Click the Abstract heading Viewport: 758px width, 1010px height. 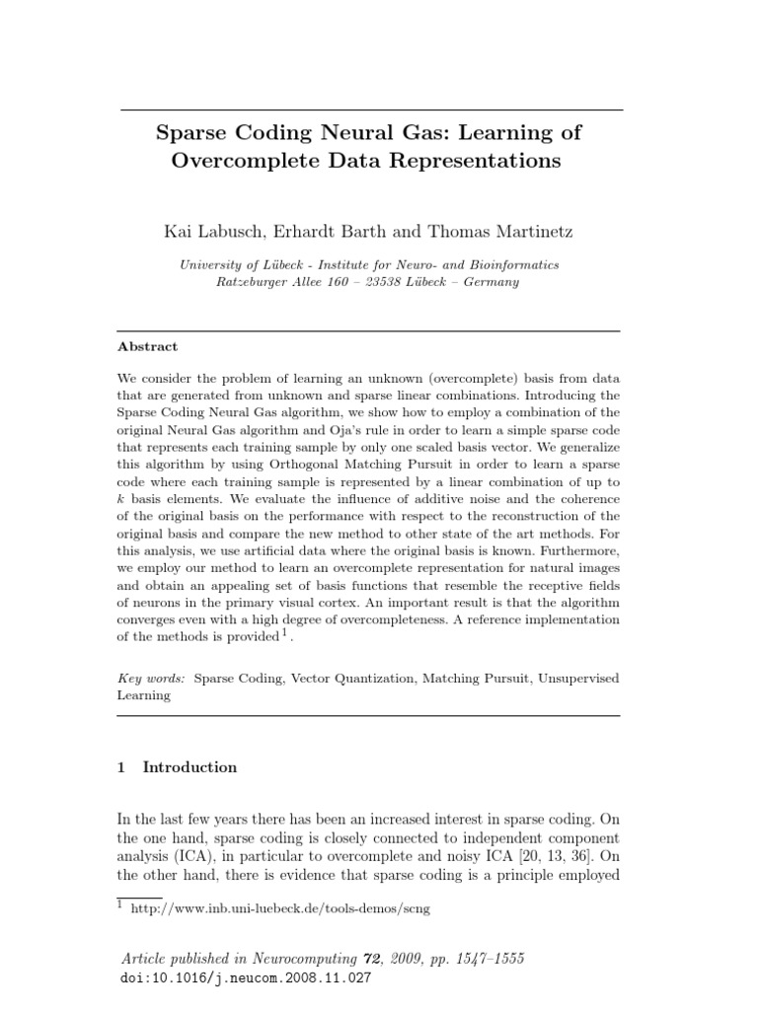click(x=148, y=347)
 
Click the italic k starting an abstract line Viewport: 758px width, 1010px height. click(x=121, y=500)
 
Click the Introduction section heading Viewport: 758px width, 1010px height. click(x=189, y=767)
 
